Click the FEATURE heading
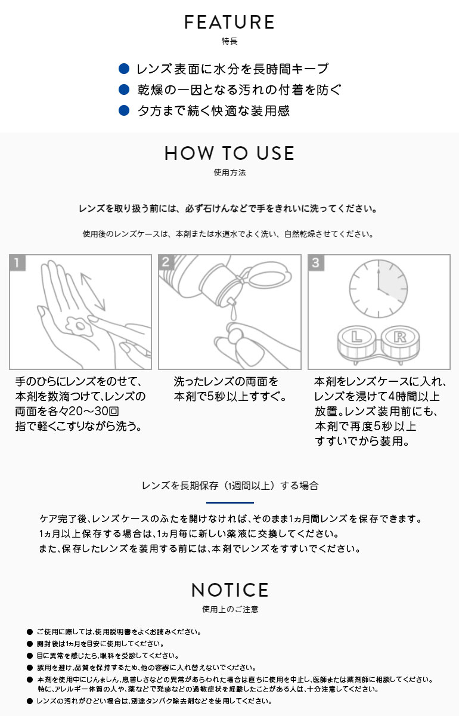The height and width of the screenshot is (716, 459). click(x=229, y=23)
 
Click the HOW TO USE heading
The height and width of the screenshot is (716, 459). click(x=229, y=153)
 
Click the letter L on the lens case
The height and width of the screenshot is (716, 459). click(x=356, y=337)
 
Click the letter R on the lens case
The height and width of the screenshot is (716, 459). click(x=398, y=337)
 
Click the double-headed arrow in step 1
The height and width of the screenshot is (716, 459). click(x=92, y=291)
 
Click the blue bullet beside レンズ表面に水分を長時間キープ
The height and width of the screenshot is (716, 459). click(x=124, y=69)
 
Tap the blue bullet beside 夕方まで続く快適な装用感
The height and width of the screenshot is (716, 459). click(x=124, y=110)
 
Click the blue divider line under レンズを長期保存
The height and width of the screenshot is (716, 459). click(x=229, y=502)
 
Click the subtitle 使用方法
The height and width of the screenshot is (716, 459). click(x=229, y=173)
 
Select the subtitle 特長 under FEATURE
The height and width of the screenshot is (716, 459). click(x=229, y=42)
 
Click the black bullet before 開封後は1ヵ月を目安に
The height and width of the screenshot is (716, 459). click(x=29, y=644)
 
